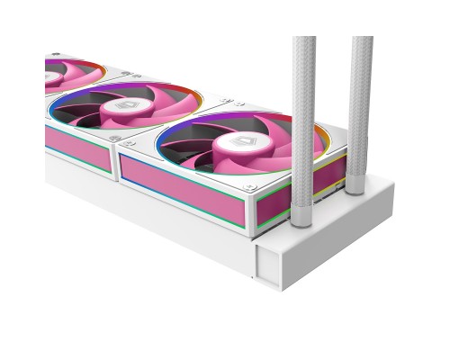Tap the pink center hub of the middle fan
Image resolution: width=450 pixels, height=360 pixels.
123,105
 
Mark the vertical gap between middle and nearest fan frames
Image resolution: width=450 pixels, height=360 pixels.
114,163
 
